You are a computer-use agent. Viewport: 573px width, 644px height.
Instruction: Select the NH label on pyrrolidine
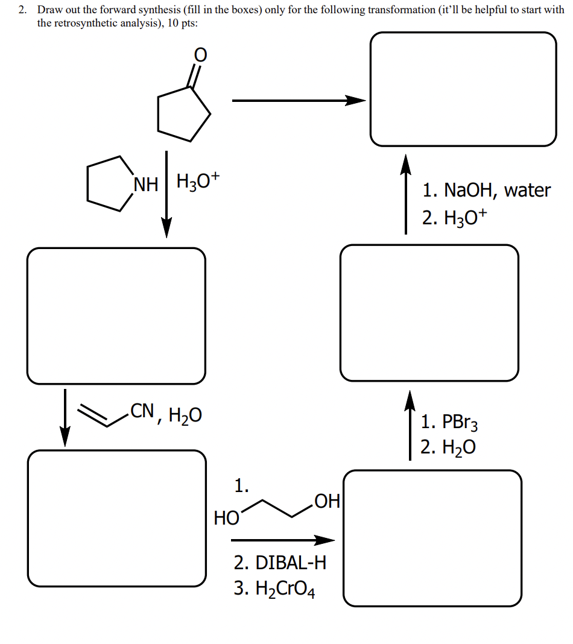[x=145, y=183]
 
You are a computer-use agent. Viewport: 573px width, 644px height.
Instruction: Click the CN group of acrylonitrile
[x=142, y=412]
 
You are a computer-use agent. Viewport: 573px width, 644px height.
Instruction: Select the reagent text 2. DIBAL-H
[x=280, y=563]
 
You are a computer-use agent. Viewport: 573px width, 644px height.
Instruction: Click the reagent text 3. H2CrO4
[x=274, y=588]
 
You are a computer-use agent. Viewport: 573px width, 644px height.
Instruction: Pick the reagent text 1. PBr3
[x=450, y=421]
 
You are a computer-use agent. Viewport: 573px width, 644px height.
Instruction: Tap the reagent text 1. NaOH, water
[x=486, y=191]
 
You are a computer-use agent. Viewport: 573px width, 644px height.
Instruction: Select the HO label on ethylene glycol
[x=226, y=517]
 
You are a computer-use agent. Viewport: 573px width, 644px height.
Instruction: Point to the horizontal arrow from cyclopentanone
[x=299, y=101]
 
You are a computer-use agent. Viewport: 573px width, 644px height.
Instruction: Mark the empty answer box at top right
[x=463, y=89]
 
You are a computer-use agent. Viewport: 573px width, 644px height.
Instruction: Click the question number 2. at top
[x=23, y=10]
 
